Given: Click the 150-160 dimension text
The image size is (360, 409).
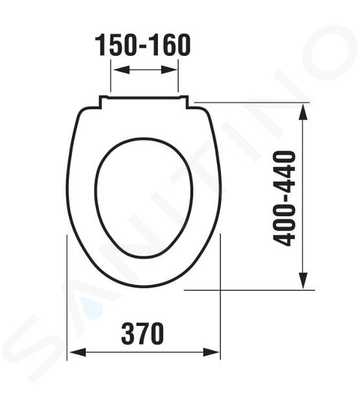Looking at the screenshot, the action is [143, 45].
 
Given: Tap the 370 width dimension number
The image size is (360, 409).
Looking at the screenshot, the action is [143, 334].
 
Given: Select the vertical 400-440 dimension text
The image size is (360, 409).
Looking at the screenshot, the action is [284, 199].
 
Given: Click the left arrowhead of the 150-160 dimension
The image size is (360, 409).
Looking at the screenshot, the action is [122, 69].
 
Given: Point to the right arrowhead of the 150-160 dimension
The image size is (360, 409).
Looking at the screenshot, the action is [169, 69].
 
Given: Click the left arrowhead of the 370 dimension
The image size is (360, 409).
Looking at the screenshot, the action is [78, 352].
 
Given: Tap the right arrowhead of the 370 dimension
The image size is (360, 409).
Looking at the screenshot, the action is [211, 352].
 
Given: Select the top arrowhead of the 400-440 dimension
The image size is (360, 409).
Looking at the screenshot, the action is [303, 112].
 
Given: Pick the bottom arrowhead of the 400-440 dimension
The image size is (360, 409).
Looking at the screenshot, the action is [303, 280].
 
